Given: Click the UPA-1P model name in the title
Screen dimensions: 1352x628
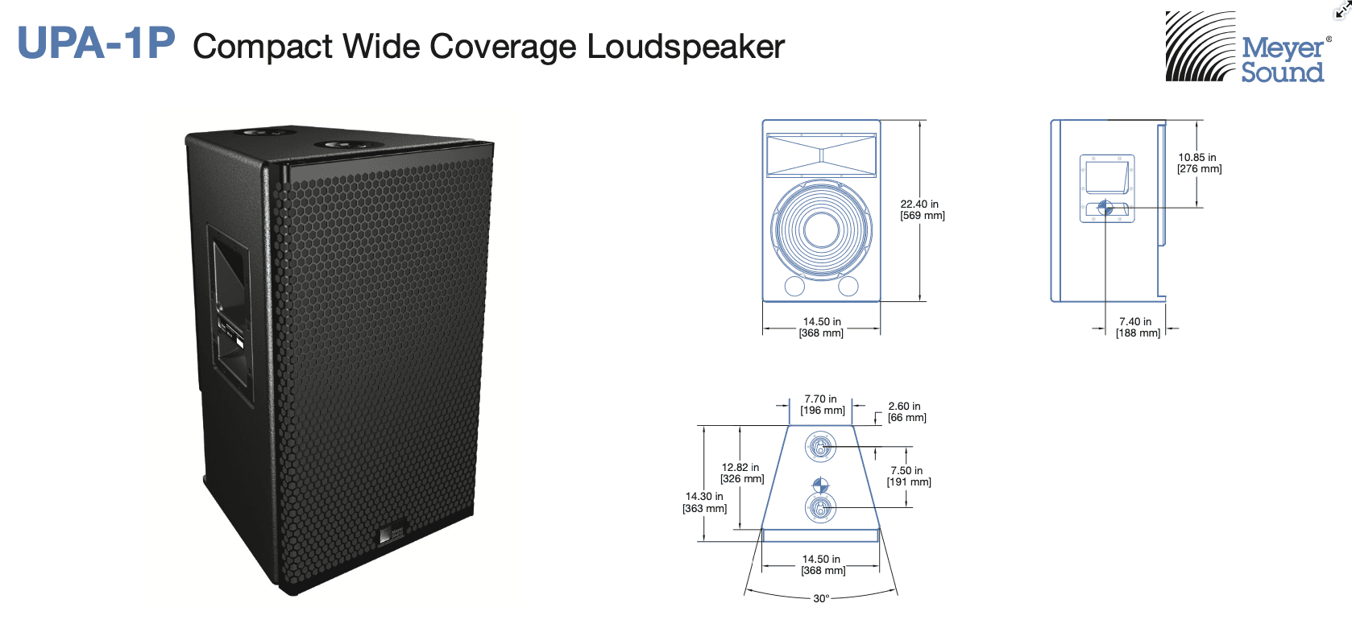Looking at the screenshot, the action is click(x=96, y=43).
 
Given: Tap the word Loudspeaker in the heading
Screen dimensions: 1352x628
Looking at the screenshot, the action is click(x=685, y=47).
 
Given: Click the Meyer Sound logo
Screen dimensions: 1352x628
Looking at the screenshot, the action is click(x=1246, y=48).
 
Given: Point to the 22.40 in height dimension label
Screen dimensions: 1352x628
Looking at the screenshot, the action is click(x=922, y=210).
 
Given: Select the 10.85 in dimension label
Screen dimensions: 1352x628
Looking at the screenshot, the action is click(x=1199, y=163).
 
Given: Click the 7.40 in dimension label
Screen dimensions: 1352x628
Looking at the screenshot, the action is click(x=1137, y=327).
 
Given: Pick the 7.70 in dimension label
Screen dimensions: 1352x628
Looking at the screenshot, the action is click(x=822, y=404).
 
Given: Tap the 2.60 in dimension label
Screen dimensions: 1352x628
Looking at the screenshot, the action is click(x=906, y=412).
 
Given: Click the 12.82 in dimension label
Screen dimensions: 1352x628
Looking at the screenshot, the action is click(x=741, y=473).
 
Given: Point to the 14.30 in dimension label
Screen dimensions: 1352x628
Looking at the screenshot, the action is click(x=704, y=502).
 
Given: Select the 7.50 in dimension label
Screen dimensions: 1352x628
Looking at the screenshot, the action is click(x=908, y=476).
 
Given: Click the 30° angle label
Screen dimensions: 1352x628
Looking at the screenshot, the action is click(x=821, y=598).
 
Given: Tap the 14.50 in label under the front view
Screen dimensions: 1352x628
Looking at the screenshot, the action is click(x=821, y=327).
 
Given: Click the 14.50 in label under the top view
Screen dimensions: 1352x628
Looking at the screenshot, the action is click(x=822, y=564).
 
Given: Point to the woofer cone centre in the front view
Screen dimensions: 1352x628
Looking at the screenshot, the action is click(x=821, y=229).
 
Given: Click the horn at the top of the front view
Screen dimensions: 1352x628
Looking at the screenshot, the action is click(x=821, y=155).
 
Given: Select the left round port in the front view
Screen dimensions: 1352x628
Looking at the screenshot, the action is click(x=794, y=286).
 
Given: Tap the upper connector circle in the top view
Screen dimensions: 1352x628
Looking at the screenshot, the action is click(x=820, y=447).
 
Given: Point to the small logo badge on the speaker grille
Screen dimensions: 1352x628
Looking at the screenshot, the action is click(x=392, y=535).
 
